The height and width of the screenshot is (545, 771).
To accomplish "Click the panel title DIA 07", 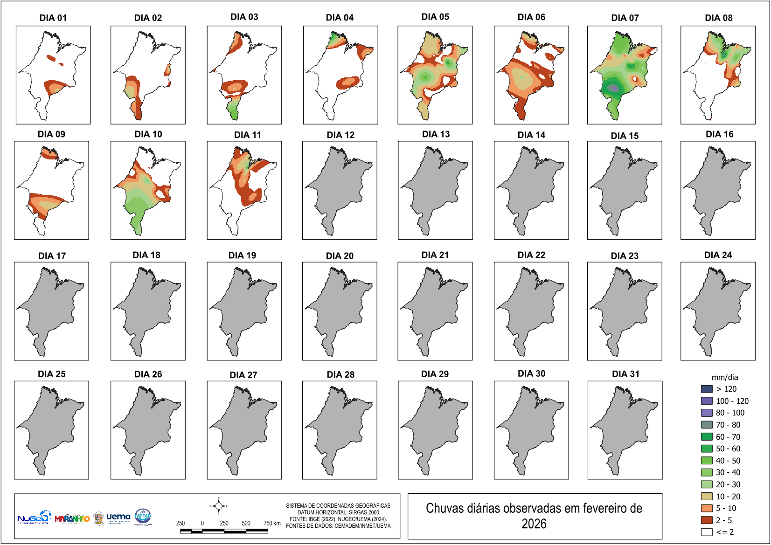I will (625, 18).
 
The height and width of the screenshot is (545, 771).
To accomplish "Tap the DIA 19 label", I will (242, 255).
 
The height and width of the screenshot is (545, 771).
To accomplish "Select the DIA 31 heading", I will (625, 374).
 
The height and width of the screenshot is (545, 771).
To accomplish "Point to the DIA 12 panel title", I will (340, 135).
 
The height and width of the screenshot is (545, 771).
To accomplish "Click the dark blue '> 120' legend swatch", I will (707, 389).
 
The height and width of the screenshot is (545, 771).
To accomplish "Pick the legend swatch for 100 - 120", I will (707, 401).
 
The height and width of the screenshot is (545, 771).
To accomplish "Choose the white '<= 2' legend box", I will (707, 532).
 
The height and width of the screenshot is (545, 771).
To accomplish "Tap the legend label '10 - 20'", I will (728, 497).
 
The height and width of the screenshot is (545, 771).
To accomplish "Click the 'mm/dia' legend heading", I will (725, 378).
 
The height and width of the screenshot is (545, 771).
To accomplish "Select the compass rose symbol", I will (218, 506).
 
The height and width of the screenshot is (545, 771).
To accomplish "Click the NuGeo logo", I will (34, 517).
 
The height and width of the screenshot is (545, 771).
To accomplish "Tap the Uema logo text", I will (118, 517).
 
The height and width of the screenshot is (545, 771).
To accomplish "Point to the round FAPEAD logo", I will (143, 517).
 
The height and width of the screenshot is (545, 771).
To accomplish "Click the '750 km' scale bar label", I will (271, 523).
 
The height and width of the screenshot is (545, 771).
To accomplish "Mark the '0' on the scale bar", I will (202, 523).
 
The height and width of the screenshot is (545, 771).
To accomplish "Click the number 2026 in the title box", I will (534, 524).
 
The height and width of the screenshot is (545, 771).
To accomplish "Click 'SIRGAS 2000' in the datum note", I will (364, 512).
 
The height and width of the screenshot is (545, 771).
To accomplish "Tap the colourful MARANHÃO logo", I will (72, 518).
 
